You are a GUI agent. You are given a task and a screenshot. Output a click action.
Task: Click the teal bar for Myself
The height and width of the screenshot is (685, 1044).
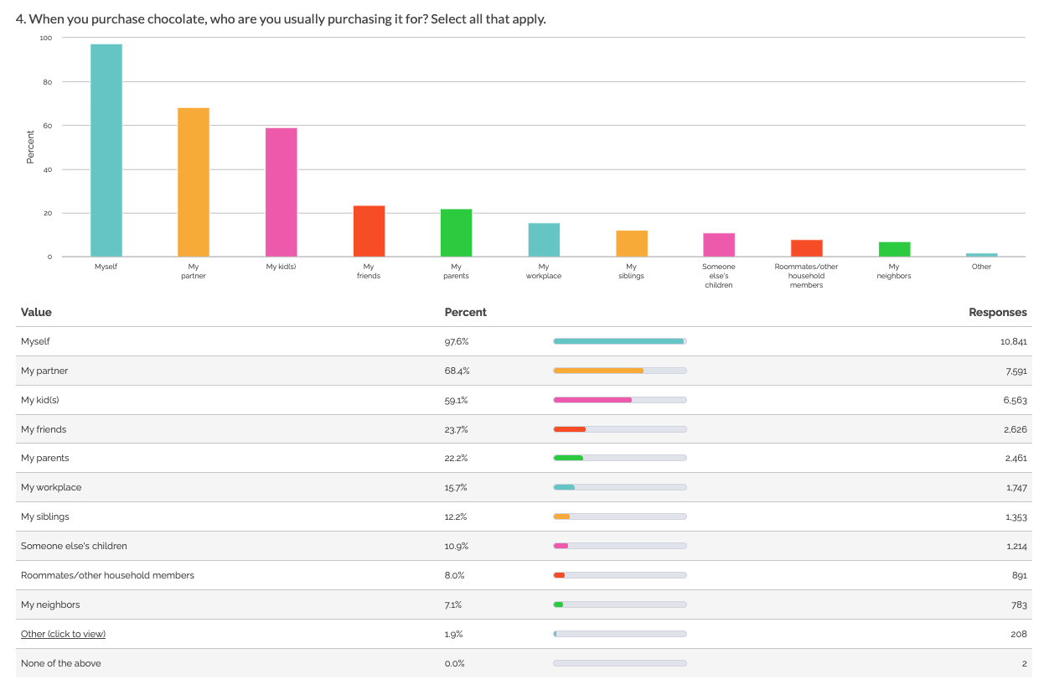point(106,151)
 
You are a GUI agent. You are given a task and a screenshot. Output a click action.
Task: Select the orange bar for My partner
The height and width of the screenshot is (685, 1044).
point(194,182)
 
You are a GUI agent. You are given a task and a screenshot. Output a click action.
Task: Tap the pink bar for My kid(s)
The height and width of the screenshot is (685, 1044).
point(282,192)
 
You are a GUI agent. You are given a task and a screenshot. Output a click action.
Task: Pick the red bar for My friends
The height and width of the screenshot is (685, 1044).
point(369,231)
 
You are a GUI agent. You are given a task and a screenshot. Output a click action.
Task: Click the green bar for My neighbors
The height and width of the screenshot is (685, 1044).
point(894,249)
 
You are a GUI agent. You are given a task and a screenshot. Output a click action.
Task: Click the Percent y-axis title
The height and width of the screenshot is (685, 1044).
point(31,147)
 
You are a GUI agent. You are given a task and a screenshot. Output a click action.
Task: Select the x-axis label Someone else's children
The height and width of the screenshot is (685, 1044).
point(718,276)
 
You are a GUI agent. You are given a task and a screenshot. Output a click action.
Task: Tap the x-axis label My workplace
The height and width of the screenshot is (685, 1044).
point(543,271)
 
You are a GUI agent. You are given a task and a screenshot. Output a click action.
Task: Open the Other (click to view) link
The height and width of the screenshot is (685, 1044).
point(63,634)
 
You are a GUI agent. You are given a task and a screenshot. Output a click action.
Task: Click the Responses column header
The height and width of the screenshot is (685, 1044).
point(997,312)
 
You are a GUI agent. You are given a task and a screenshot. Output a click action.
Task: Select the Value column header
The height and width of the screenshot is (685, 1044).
point(36,312)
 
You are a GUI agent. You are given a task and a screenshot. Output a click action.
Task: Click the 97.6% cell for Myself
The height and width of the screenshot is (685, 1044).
point(457,341)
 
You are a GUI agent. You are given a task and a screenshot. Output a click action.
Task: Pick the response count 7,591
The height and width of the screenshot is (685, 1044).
point(1015,371)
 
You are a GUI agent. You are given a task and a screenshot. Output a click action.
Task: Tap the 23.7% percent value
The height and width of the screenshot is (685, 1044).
point(457,429)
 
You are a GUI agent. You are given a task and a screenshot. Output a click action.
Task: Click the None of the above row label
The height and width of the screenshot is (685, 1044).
point(60,663)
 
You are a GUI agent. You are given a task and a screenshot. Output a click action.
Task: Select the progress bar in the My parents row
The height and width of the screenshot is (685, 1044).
point(619,458)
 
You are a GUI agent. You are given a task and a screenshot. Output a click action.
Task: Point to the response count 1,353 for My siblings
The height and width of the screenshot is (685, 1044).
point(1016,516)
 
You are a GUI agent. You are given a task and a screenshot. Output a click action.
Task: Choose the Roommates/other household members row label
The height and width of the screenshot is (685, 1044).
point(107,575)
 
